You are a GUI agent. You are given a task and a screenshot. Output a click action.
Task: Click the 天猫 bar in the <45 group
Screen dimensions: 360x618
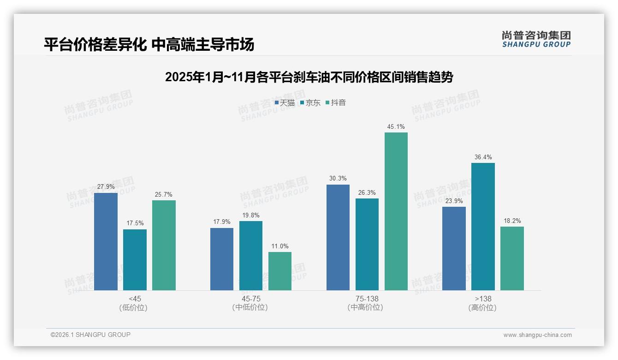[106, 241]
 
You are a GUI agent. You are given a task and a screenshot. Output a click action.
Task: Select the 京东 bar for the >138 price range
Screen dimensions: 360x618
[483, 226]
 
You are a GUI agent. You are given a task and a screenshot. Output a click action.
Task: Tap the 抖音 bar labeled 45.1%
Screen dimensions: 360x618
[396, 211]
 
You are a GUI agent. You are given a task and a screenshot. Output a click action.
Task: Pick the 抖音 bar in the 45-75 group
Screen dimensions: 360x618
[280, 271]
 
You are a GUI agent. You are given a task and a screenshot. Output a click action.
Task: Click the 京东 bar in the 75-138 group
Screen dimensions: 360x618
[367, 244]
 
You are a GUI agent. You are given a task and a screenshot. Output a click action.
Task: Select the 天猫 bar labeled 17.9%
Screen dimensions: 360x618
[222, 259]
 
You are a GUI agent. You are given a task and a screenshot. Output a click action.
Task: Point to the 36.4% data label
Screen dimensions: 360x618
[483, 157]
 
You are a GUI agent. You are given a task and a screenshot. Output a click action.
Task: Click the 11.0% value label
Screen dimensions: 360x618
[280, 246]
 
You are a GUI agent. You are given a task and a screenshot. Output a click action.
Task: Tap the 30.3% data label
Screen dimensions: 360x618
[338, 179]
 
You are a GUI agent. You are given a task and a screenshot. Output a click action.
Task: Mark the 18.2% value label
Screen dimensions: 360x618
[512, 221]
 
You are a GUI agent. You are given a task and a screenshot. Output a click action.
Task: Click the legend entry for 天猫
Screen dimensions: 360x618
[285, 103]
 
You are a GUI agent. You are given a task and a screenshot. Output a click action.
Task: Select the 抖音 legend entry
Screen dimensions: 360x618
[336, 103]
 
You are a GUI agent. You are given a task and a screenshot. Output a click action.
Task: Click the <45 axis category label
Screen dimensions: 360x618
[135, 299]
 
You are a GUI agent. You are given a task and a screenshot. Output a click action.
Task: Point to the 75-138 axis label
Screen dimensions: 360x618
[367, 299]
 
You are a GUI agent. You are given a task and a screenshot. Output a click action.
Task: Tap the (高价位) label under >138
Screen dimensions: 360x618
[482, 308]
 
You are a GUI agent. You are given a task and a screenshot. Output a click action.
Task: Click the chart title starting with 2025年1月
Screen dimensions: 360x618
[309, 77]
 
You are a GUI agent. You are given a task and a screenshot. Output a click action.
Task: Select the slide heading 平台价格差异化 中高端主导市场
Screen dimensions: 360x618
[149, 45]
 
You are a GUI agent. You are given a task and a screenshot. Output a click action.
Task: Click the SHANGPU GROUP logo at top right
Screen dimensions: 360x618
[536, 39]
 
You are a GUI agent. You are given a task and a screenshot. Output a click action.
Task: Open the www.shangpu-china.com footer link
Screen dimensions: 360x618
[537, 335]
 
